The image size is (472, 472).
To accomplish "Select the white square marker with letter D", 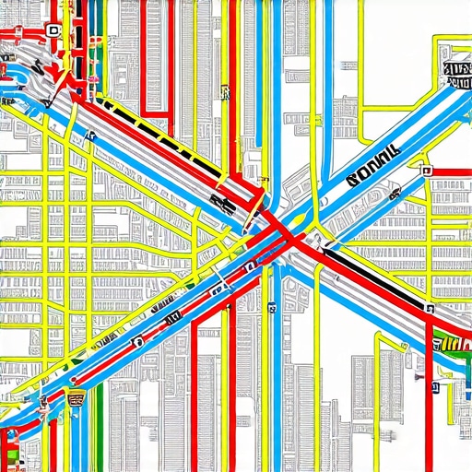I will (53, 30).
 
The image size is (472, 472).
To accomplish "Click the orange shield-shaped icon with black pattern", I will (76, 397).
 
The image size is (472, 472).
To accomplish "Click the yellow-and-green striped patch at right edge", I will (452, 344).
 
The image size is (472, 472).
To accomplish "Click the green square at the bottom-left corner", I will (8, 455).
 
